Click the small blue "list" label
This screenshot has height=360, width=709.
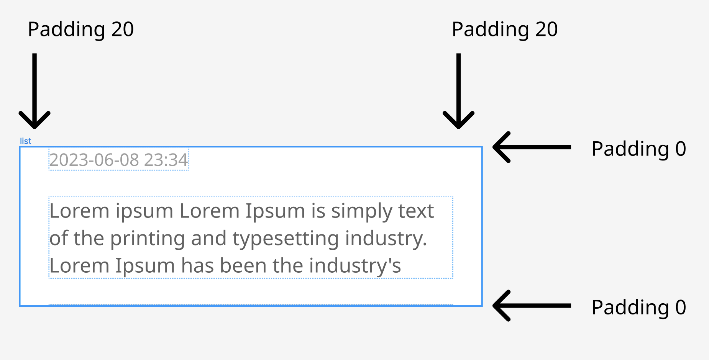25,141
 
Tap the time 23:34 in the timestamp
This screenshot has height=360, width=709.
166,160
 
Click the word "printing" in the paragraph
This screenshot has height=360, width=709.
148,239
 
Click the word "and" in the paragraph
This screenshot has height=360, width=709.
208,239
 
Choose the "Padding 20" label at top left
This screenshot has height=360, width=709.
81,29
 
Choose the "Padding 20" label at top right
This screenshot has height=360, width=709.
505,29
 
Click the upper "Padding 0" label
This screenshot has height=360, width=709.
639,149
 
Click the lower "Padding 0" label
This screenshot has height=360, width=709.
639,308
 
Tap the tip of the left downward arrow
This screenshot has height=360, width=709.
34,128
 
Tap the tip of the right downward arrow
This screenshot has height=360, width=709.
458,128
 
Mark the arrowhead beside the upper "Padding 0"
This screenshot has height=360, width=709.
494,147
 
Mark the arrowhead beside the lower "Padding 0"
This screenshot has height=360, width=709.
494,306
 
